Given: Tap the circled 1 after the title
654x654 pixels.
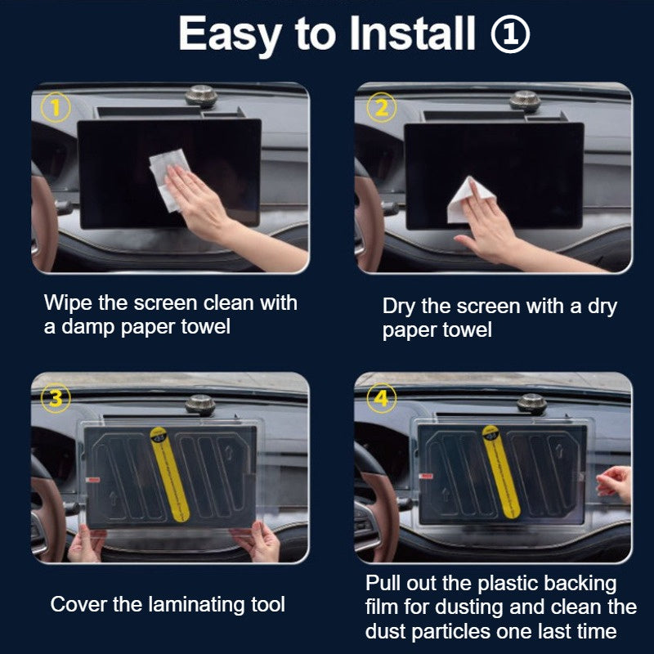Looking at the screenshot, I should click(x=511, y=35).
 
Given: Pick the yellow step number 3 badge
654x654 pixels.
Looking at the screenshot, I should click(x=55, y=398).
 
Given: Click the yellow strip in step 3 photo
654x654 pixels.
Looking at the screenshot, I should click(x=180, y=474).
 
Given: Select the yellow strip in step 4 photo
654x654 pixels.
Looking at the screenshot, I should click(x=495, y=474).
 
